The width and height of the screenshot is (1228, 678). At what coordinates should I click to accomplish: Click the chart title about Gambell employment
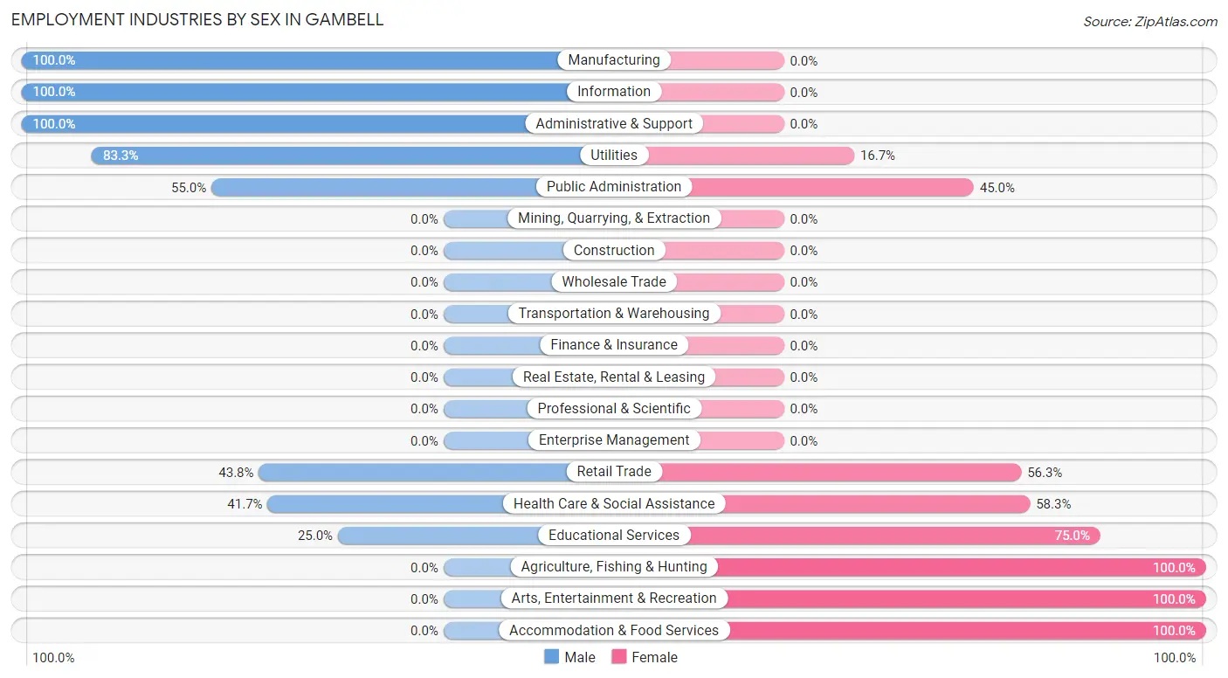(x=197, y=19)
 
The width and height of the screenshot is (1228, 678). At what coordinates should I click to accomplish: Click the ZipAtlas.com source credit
(x=1149, y=21)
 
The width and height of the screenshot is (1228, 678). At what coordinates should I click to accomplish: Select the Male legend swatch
(x=552, y=657)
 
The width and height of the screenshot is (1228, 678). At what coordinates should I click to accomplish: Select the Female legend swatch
(x=619, y=657)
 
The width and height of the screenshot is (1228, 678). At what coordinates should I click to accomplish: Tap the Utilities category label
(x=614, y=156)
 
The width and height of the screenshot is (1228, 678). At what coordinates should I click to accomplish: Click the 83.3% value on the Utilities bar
(x=121, y=156)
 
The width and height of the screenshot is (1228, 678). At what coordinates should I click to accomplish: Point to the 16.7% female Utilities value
(x=877, y=156)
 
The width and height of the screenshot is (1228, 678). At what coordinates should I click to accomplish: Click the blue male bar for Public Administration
(x=376, y=187)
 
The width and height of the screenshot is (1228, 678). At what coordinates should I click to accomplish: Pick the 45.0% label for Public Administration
(x=997, y=188)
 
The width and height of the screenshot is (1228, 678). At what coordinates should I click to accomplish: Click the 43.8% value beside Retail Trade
(x=236, y=473)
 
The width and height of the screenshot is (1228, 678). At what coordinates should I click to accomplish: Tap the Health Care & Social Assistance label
(x=614, y=503)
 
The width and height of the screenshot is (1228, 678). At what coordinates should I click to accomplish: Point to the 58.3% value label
(x=1053, y=504)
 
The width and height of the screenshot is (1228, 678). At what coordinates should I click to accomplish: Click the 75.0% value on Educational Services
(x=1072, y=536)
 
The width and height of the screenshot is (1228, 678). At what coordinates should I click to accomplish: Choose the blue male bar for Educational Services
(x=437, y=536)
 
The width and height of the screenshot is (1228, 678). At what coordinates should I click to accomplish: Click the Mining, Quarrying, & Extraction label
(x=614, y=218)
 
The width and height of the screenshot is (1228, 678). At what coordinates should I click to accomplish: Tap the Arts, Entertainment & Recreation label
(x=614, y=598)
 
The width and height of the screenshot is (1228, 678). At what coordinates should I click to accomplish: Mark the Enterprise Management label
(x=614, y=440)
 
